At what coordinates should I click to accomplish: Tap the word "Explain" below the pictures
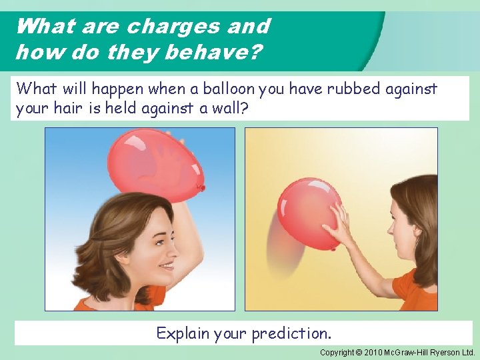(x=183, y=333)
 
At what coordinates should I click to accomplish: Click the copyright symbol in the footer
(x=359, y=352)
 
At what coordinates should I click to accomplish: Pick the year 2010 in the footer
(x=373, y=352)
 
